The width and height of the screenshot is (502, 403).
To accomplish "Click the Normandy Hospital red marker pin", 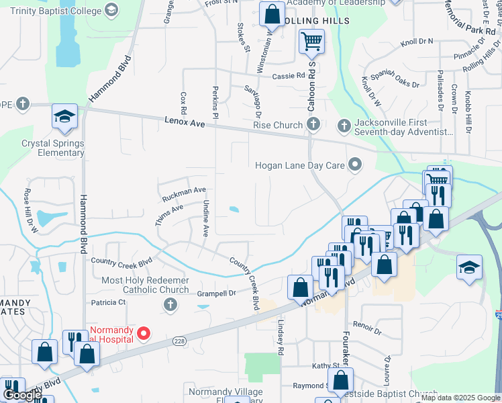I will click(x=143, y=332).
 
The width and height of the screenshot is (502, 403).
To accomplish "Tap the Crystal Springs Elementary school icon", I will click(x=64, y=118).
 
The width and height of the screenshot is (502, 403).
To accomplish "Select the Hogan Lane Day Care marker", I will click(x=355, y=165).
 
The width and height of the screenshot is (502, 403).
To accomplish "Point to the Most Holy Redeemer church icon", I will click(x=170, y=306).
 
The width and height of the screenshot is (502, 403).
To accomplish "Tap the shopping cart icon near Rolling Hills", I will click(x=311, y=42).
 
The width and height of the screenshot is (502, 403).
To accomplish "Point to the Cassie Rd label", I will click(x=288, y=76).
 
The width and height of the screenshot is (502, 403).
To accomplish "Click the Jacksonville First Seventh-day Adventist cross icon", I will click(x=344, y=126).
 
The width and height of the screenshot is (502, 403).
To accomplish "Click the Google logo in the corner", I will click(x=22, y=396).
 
